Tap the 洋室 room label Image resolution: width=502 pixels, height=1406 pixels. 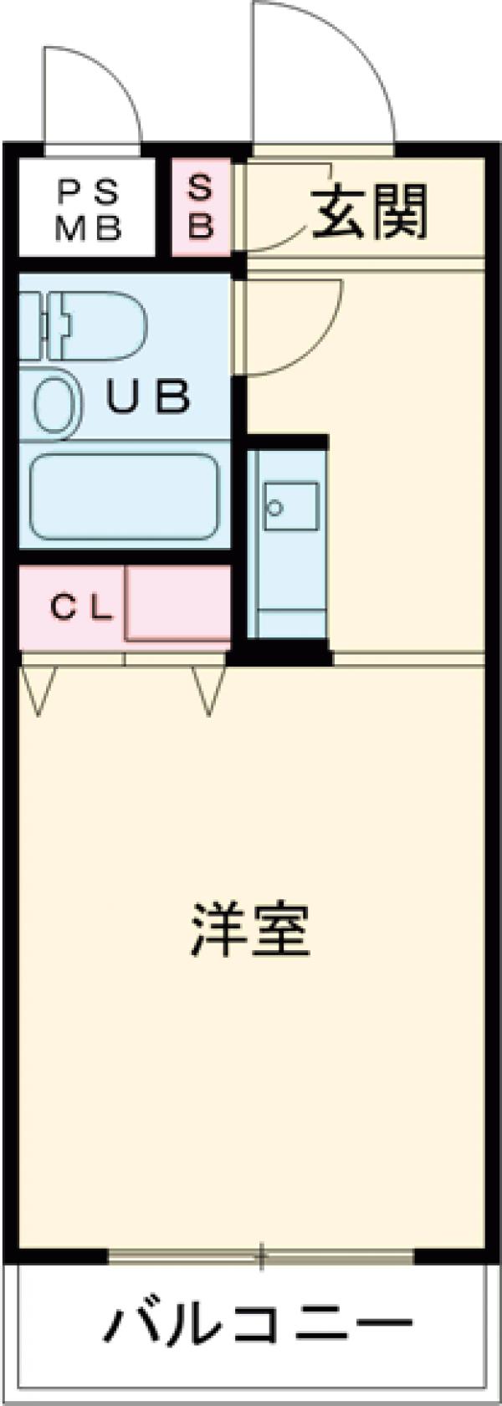pos(250,930)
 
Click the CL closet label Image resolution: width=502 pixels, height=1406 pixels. pos(81,608)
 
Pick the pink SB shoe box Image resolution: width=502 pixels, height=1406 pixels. pos(200,207)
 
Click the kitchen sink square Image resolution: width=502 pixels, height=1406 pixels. pos(291,506)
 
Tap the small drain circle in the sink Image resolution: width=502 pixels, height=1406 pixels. pos(274,507)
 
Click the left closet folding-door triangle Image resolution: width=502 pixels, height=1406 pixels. pos(38,690)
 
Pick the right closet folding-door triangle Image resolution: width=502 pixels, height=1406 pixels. pos(208,690)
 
